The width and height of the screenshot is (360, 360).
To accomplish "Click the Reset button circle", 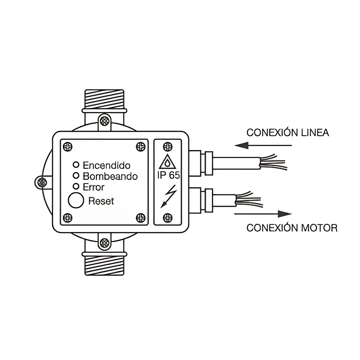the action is pyautogui.click(x=76, y=200).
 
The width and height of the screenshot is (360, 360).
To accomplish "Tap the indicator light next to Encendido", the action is pyautogui.click(x=76, y=165).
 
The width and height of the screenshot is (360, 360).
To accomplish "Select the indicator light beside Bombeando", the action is pyautogui.click(x=76, y=176).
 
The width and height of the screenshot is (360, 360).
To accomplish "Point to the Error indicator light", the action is pyautogui.click(x=76, y=186).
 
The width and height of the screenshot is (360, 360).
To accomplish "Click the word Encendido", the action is pyautogui.click(x=107, y=165).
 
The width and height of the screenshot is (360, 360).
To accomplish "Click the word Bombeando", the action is pyautogui.click(x=110, y=176).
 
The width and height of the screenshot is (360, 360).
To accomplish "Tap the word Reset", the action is pyautogui.click(x=101, y=201).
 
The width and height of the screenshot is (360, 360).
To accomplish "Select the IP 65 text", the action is pyautogui.click(x=168, y=175).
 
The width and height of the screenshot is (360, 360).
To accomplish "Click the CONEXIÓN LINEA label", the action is pyautogui.click(x=288, y=133).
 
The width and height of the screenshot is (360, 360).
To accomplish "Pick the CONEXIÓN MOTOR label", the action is pyautogui.click(x=292, y=228).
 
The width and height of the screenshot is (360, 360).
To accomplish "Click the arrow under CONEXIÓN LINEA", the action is pyautogui.click(x=263, y=145).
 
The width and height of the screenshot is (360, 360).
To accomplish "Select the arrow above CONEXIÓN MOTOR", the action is pyautogui.click(x=263, y=214).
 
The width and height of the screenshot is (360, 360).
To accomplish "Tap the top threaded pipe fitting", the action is pyautogui.click(x=104, y=101).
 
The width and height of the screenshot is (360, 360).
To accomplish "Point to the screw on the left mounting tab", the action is pyautogui.click(x=42, y=183).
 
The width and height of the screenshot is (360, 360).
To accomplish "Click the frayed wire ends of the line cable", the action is pyautogui.click(x=273, y=162).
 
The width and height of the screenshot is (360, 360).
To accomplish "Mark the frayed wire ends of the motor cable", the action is pyautogui.click(x=249, y=199).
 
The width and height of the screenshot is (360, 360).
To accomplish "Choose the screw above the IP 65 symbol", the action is pyautogui.click(x=168, y=146).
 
